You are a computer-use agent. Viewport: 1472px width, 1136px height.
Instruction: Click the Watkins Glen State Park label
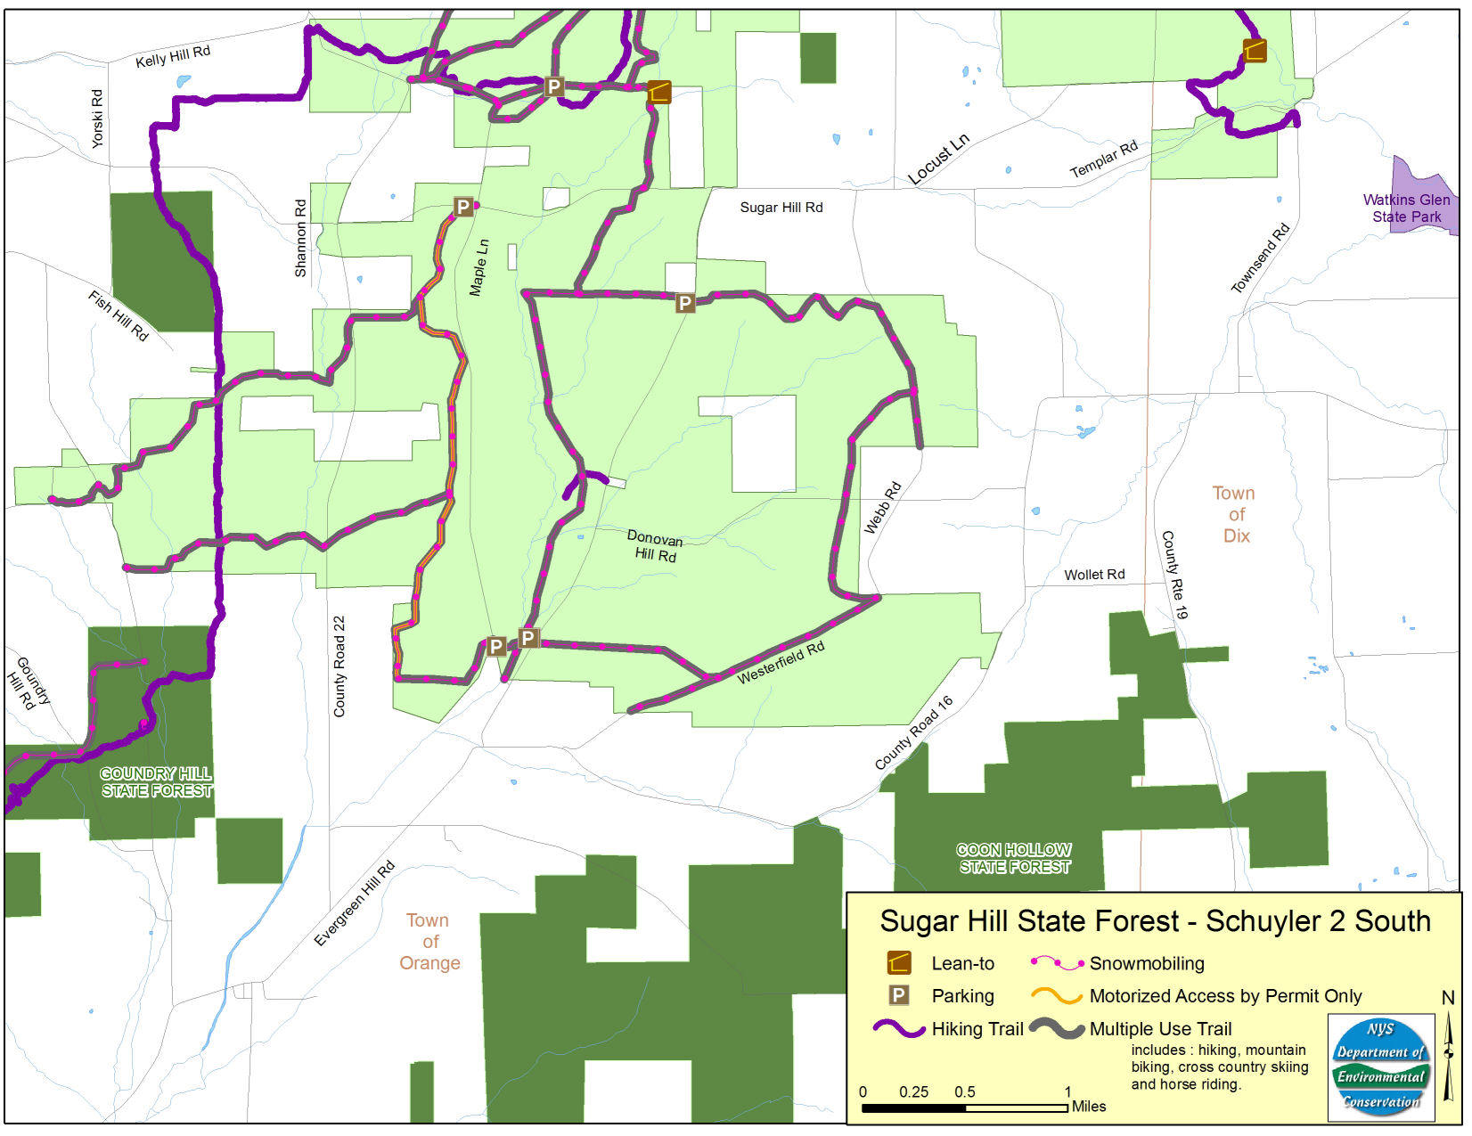click(1405, 208)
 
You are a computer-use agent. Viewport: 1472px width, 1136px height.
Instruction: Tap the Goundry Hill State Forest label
click(157, 782)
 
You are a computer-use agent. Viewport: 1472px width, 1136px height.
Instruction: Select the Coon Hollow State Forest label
click(1014, 858)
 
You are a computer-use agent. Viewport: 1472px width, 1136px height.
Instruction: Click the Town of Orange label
click(429, 941)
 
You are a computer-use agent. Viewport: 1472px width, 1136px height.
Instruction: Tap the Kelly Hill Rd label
click(173, 57)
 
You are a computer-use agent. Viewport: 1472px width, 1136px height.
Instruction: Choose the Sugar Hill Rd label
click(781, 208)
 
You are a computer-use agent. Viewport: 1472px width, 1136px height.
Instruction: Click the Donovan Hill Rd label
click(655, 546)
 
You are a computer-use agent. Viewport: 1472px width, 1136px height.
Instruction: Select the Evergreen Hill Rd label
click(354, 904)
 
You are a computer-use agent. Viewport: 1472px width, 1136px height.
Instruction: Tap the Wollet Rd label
click(1094, 575)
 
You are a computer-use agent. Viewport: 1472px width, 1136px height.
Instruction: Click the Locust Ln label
click(938, 159)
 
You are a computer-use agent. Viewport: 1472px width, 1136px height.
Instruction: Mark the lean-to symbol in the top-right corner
click(1255, 51)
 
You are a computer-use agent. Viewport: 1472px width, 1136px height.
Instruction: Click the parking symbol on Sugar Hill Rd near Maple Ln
click(462, 208)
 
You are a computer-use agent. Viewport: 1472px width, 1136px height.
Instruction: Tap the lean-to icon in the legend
click(899, 963)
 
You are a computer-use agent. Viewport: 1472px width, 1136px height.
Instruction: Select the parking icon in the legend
click(899, 996)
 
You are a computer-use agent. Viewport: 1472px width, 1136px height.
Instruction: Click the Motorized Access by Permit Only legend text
click(1225, 996)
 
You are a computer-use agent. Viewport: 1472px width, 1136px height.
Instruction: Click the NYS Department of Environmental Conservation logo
click(1380, 1066)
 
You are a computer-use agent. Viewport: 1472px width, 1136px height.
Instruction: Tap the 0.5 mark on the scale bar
click(965, 1092)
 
